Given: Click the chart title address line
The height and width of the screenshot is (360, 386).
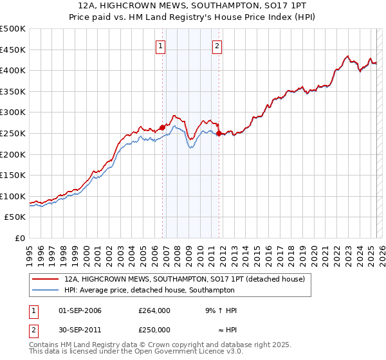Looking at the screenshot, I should [193, 6].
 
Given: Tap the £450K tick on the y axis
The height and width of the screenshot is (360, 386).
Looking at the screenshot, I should [13, 50].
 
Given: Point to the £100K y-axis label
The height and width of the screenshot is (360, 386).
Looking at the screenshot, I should [13, 196].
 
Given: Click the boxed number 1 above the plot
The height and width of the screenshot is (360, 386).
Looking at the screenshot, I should [160, 46].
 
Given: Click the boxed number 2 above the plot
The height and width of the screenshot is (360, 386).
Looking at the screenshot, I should [217, 46].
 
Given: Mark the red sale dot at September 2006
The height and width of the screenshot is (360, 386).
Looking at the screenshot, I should [162, 127].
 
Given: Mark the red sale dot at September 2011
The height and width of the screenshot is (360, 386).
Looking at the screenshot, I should [219, 133].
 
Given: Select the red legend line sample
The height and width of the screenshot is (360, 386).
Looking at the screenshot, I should [45, 280].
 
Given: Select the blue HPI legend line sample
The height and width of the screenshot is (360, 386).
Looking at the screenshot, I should [45, 290].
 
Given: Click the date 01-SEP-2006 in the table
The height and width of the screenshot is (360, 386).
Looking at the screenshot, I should [79, 310].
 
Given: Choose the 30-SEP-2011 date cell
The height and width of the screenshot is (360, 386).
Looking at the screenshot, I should [79, 329].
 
